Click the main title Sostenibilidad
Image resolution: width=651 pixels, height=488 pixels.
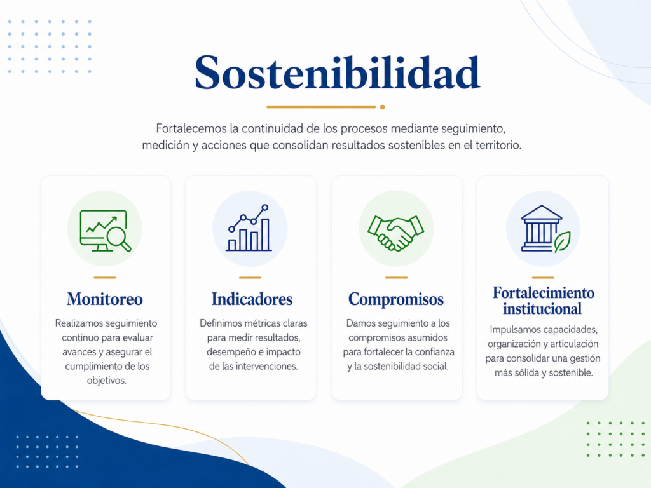click(x=337, y=72)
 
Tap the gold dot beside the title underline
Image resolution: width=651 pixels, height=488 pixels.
click(x=382, y=107)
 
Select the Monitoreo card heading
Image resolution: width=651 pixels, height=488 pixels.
click(x=105, y=299)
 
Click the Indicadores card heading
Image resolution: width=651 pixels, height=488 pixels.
click(x=252, y=299)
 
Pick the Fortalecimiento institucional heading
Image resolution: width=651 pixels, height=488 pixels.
click(x=543, y=301)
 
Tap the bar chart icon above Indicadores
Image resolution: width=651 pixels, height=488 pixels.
click(x=249, y=228)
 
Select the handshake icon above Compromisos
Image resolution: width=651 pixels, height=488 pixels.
click(x=395, y=233)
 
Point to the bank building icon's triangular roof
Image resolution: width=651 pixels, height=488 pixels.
click(x=542, y=212)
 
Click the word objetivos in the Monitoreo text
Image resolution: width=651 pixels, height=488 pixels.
click(x=107, y=381)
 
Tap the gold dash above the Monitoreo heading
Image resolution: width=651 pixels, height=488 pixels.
click(x=105, y=277)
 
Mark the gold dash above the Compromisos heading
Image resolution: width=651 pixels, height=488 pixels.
click(x=397, y=277)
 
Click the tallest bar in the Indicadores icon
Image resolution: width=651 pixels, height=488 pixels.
click(x=265, y=234)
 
